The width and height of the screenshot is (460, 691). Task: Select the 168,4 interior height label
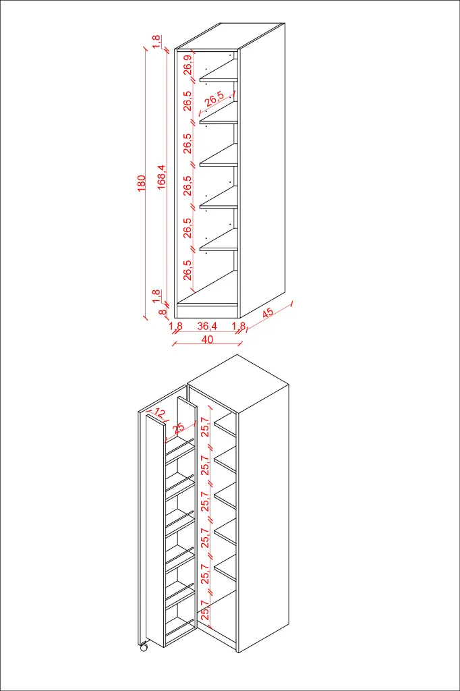pyautogui.click(x=161, y=177)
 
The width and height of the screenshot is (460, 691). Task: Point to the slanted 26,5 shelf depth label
pyautogui.click(x=214, y=99)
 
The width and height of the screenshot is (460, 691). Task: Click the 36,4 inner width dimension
pyautogui.click(x=206, y=326)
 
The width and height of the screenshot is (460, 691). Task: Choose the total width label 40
pyautogui.click(x=207, y=339)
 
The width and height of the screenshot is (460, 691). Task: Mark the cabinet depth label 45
pyautogui.click(x=268, y=312)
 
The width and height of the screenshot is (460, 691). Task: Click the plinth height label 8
pyautogui.click(x=163, y=312)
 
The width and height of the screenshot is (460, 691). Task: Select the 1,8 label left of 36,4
pyautogui.click(x=175, y=326)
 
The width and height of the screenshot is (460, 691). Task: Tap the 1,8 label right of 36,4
pyautogui.click(x=239, y=326)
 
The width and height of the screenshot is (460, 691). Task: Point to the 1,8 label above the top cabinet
pyautogui.click(x=156, y=42)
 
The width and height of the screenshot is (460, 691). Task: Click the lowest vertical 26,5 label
pyautogui.click(x=188, y=269)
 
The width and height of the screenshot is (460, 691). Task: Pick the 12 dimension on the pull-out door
pyautogui.click(x=159, y=412)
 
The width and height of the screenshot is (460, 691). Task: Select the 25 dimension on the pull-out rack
pyautogui.click(x=178, y=429)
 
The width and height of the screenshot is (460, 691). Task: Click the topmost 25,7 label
pyautogui.click(x=204, y=426)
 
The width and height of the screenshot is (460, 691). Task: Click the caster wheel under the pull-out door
pyautogui.click(x=143, y=648)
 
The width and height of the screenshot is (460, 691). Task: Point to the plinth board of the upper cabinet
pyautogui.click(x=206, y=311)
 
